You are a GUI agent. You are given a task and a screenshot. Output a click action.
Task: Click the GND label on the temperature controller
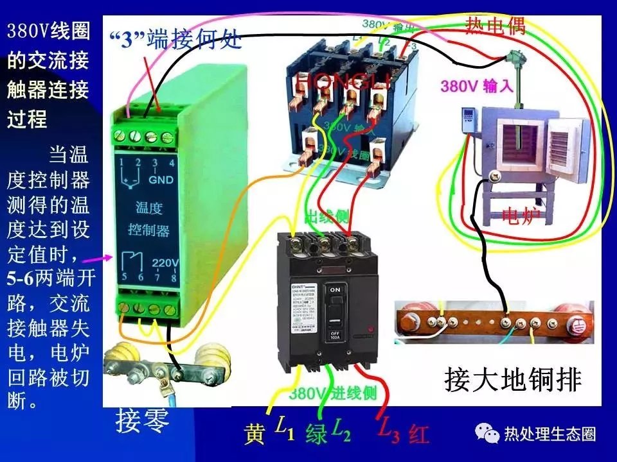click(x=161, y=180)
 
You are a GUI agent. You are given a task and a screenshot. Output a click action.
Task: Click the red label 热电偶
click(x=496, y=26)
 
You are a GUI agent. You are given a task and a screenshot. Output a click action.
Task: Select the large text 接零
click(x=143, y=421)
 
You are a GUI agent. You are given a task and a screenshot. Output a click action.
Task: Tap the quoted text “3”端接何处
click(x=175, y=40)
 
